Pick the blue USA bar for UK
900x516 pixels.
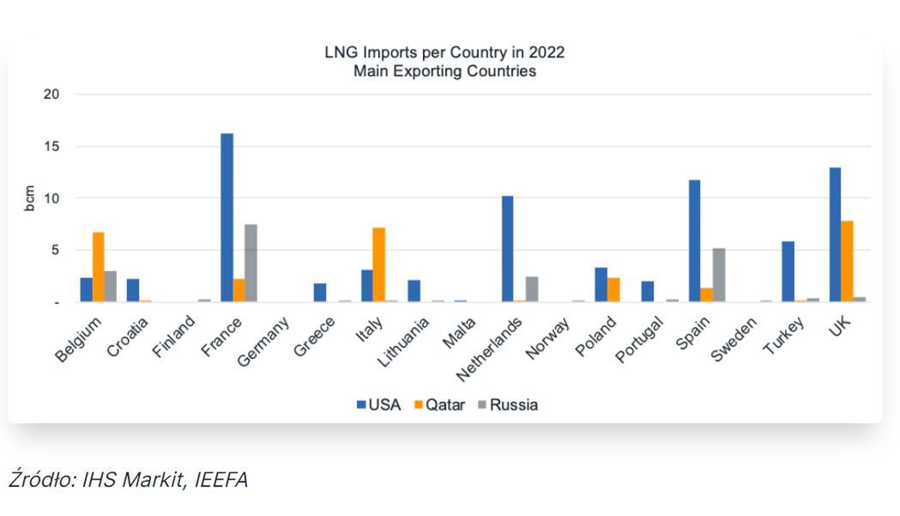tap(835, 234)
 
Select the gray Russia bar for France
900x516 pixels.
tap(251, 263)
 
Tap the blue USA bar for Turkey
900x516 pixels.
tap(788, 271)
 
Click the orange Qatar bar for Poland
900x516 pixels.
tap(613, 289)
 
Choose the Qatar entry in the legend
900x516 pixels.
tap(439, 404)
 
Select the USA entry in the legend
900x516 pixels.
tap(378, 404)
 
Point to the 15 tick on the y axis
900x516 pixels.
tap(53, 146)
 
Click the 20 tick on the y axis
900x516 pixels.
tap(53, 94)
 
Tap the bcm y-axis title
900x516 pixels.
tap(28, 198)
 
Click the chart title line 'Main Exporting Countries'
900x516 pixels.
tap(444, 71)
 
